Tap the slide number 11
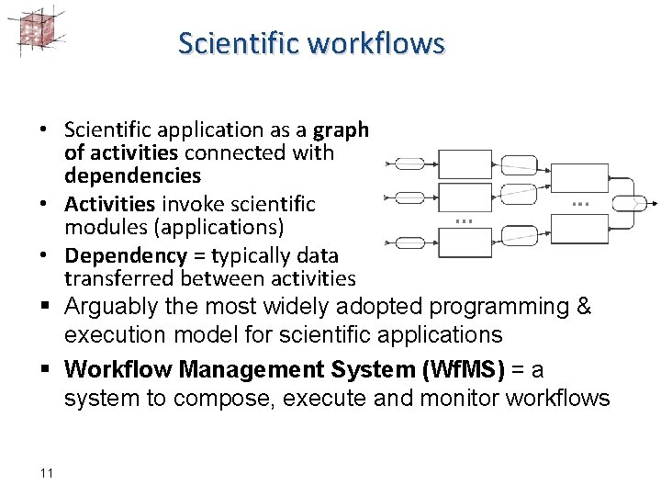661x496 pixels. [x=47, y=473]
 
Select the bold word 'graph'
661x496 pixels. [x=341, y=130]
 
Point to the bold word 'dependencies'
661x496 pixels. [x=132, y=175]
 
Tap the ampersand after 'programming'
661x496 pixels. [x=582, y=307]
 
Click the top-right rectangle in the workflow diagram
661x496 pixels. [x=577, y=177]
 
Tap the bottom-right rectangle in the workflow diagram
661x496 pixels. [x=577, y=228]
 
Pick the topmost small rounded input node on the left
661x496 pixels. [x=409, y=164]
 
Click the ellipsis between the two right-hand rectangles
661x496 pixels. [x=578, y=203]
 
